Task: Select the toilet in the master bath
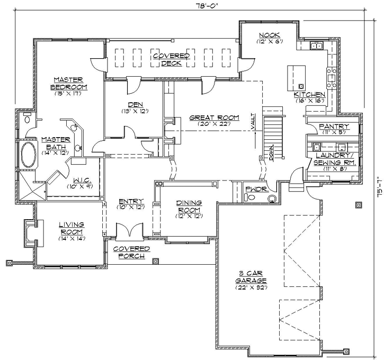27,119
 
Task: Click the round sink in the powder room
273,199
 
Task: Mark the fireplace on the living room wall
29,231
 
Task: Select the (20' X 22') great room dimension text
214,124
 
